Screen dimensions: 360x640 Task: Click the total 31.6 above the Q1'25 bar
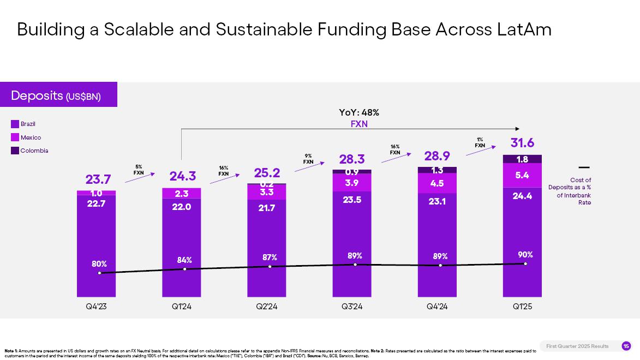(x=522, y=143)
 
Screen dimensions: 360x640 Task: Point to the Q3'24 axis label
(x=352, y=307)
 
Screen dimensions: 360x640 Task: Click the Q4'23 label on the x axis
(x=97, y=307)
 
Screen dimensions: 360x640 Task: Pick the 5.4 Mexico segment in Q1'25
(x=522, y=175)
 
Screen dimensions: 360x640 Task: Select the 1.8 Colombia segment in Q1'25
(x=522, y=159)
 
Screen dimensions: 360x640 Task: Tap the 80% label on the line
(x=99, y=264)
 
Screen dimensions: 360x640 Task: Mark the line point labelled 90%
(x=525, y=264)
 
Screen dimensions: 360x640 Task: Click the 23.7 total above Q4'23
(x=98, y=179)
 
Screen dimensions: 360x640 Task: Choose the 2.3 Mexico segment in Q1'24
(x=182, y=193)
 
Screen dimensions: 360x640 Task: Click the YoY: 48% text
(x=359, y=112)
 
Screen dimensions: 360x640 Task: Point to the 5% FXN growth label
(x=139, y=169)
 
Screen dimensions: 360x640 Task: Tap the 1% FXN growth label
(x=480, y=142)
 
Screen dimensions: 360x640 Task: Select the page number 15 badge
(x=626, y=346)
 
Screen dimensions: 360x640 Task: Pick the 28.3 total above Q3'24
(x=352, y=159)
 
